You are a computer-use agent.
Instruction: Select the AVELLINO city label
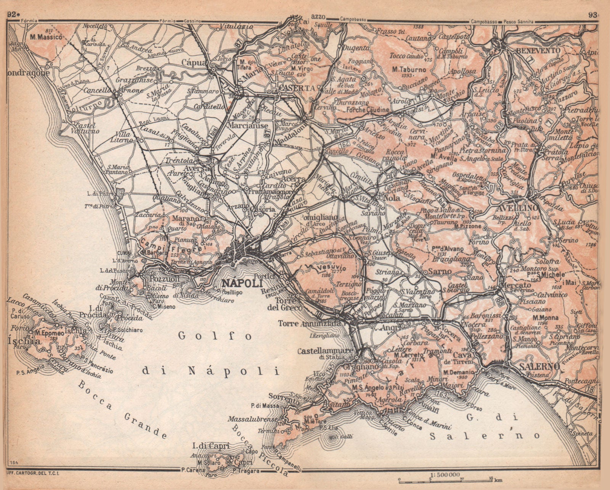pyautogui.click(x=517, y=208)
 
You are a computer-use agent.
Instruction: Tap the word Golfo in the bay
pyautogui.click(x=215, y=336)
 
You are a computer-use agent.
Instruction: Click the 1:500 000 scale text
pyautogui.click(x=444, y=474)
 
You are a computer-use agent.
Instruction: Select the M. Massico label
pyautogui.click(x=47, y=37)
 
